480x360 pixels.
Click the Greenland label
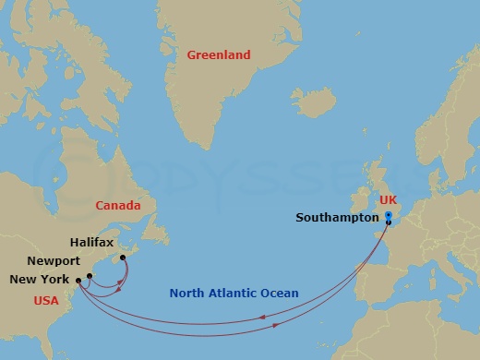tap(219, 55)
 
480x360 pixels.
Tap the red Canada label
tap(117, 206)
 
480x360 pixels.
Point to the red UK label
tap(389, 200)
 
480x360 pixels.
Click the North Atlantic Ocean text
tap(234, 294)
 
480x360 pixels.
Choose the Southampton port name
tap(337, 218)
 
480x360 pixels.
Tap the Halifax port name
tap(91, 242)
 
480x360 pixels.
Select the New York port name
tap(39, 279)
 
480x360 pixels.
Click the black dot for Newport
tap(90, 275)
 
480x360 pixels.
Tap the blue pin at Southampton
tap(389, 217)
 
